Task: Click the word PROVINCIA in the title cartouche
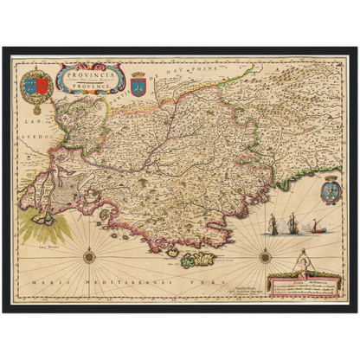click(90, 68)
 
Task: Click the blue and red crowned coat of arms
click(37, 84)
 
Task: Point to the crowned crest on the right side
click(330, 189)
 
